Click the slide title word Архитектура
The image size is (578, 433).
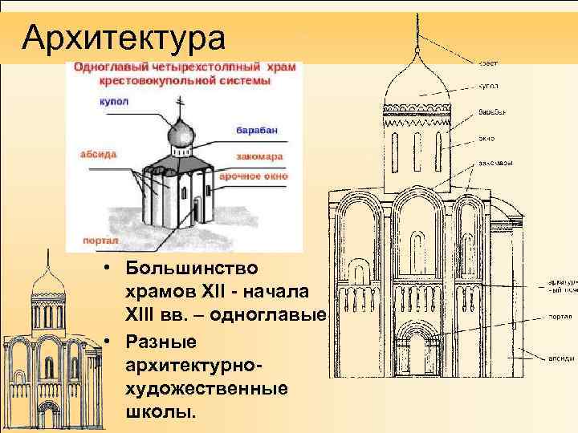tap(124, 35)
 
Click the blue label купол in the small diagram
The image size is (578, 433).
tap(113, 102)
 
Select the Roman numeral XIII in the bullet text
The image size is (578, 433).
tap(144, 315)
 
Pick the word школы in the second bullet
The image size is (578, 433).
tap(160, 415)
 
